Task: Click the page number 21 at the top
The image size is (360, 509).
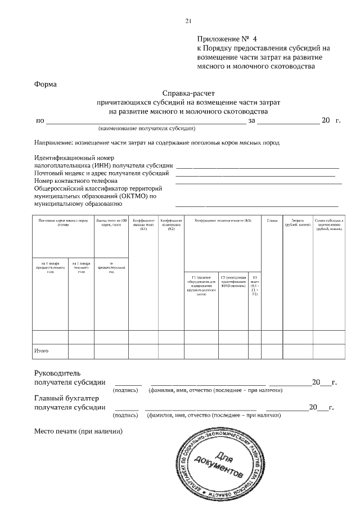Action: (x=188, y=21)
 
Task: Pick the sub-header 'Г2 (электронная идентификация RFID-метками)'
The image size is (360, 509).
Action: (x=233, y=282)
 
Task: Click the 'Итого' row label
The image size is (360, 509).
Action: (x=42, y=351)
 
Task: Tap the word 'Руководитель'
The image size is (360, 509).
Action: (x=58, y=373)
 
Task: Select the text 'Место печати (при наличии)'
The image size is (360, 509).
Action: (x=79, y=432)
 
